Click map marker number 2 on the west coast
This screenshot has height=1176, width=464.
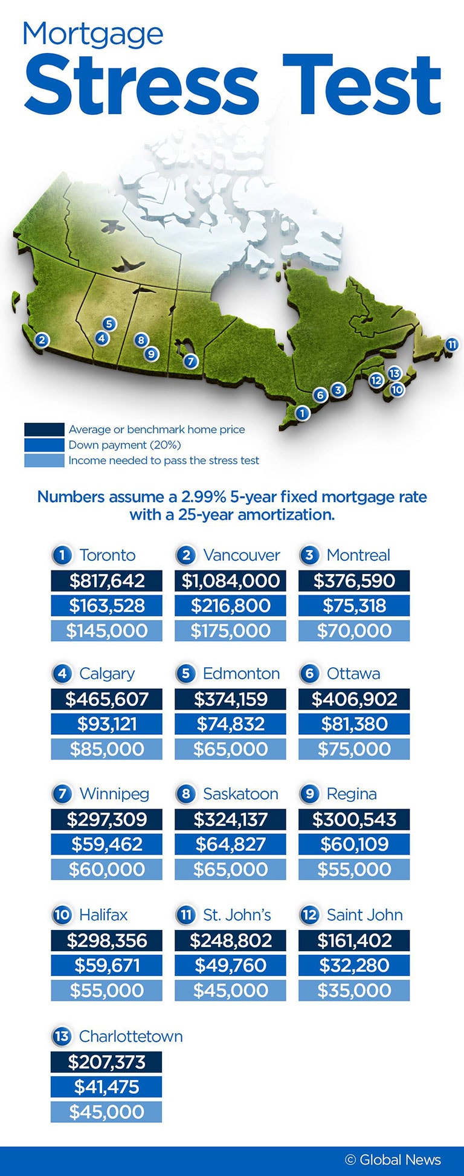pos(42,340)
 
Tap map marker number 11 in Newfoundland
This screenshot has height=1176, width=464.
pos(452,344)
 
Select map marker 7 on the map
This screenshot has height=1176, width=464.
pos(190,361)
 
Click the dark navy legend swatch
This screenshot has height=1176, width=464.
pos(44,430)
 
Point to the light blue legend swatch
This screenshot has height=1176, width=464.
pos(44,460)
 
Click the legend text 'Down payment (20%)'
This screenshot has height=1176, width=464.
pos(124,445)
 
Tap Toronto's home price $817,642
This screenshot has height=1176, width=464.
pos(107,581)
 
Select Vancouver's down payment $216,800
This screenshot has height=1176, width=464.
pos(230,606)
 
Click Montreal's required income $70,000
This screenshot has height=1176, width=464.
pos(354,631)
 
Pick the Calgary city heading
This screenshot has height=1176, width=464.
pos(107,673)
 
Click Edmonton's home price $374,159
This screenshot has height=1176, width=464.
pos(230,699)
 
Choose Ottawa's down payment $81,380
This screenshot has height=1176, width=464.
pos(354,724)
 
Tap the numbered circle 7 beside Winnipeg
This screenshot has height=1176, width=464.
pos(62,793)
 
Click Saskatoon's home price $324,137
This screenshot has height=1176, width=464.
pos(230,819)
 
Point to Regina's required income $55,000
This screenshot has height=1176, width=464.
pos(354,870)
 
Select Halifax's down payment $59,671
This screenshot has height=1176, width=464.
pos(107,965)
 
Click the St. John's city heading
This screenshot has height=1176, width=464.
pos(237,915)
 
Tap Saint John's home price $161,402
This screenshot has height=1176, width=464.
pos(354,940)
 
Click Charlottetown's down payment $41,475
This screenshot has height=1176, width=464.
pos(107,1087)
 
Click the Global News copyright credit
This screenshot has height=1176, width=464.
pos(393,1160)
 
